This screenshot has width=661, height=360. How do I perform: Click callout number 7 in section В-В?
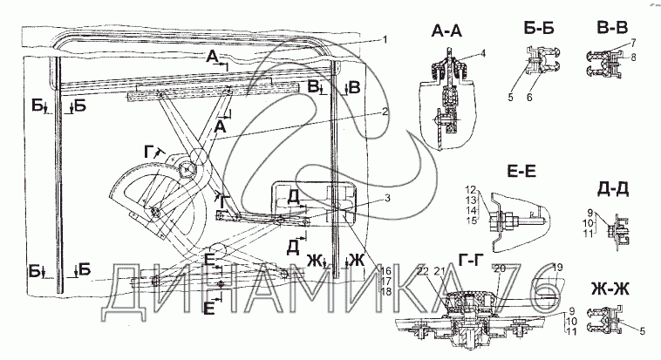[632, 42]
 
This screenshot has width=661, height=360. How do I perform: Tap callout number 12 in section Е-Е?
[468, 189]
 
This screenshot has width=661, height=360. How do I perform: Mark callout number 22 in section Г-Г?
[424, 272]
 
